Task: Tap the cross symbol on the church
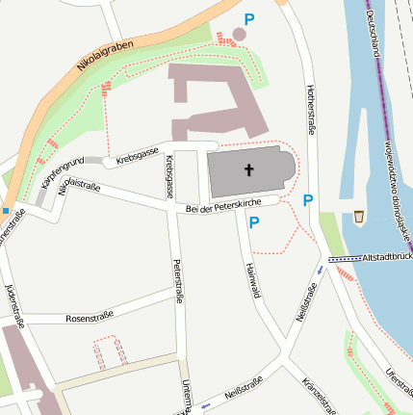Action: [x=248, y=171]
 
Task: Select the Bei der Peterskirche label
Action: [x=224, y=206]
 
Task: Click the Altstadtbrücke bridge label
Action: [x=384, y=257]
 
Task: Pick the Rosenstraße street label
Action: [x=90, y=316]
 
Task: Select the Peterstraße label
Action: [x=177, y=282]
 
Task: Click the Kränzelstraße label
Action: [x=319, y=397]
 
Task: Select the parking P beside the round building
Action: [x=249, y=19]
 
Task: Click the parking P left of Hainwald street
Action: [x=254, y=222]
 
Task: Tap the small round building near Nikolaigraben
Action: [x=239, y=34]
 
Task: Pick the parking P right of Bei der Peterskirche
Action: [x=308, y=200]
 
